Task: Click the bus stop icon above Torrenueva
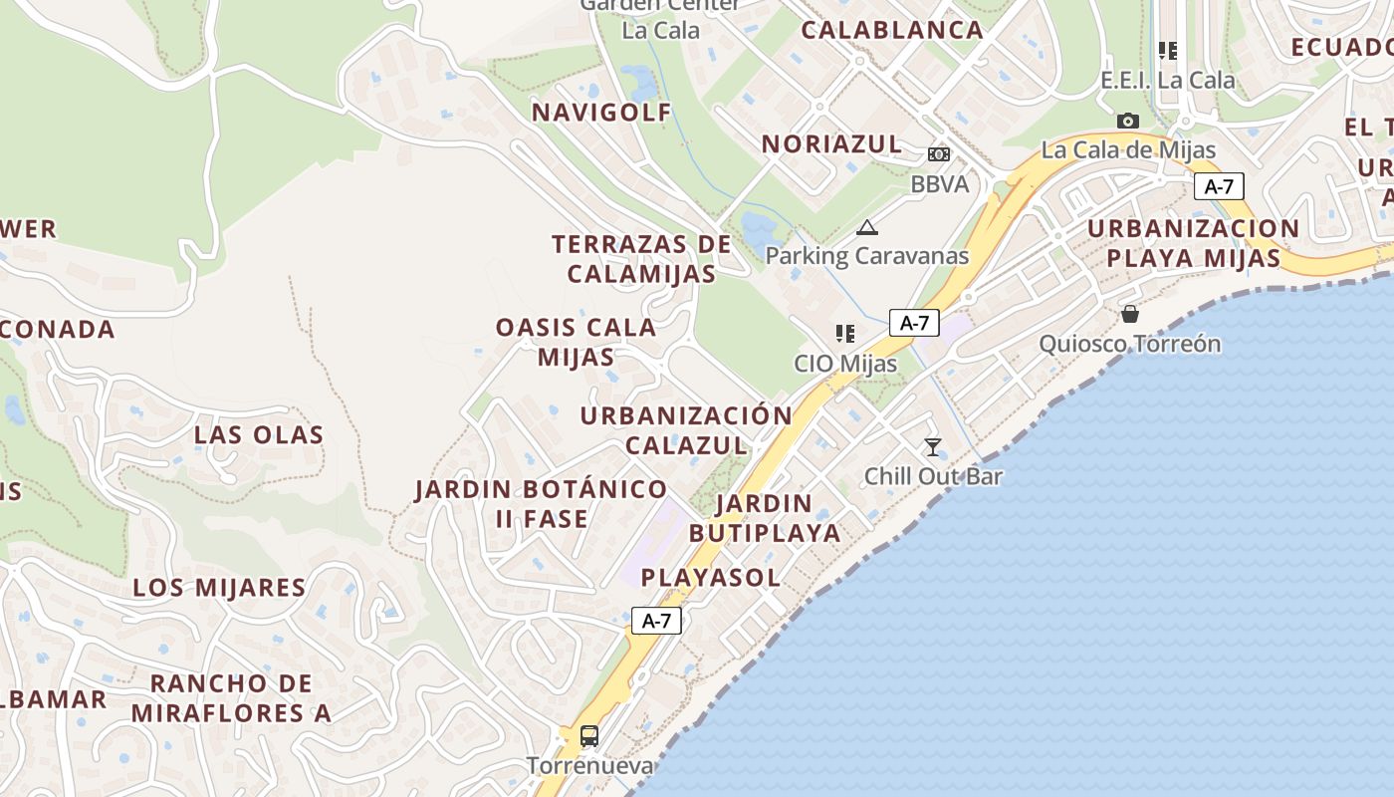click(589, 736)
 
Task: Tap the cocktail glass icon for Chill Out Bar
click(933, 447)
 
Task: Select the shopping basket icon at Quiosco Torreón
click(1130, 314)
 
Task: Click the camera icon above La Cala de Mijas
click(1128, 121)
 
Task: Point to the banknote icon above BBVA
click(939, 154)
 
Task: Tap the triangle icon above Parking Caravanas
click(867, 227)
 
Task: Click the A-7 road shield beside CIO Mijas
click(914, 323)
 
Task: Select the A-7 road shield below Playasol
click(656, 621)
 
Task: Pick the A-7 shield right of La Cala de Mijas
click(1219, 186)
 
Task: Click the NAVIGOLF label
click(602, 112)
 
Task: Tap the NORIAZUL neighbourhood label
click(832, 143)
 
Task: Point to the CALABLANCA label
click(892, 30)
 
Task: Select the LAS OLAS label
click(259, 434)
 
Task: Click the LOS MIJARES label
click(219, 587)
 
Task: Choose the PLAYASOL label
click(710, 577)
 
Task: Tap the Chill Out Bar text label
click(933, 476)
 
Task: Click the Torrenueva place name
click(589, 765)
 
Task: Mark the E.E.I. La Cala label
click(1167, 80)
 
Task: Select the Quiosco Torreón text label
click(1130, 344)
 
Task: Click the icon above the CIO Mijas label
click(845, 334)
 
